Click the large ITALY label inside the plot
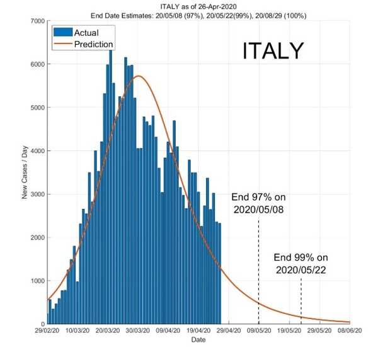click(x=273, y=52)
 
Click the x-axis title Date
click(x=198, y=340)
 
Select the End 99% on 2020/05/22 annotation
click(x=301, y=263)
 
